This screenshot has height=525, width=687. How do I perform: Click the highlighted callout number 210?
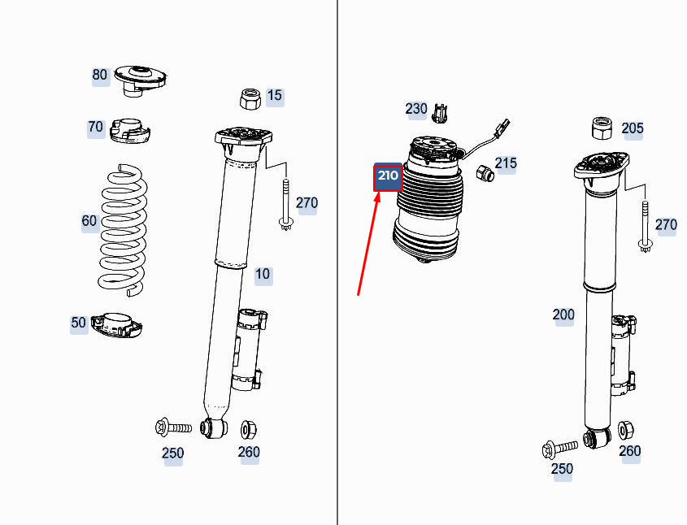[x=387, y=176]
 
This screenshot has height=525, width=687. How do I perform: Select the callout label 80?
[x=99, y=76]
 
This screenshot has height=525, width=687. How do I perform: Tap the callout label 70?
[x=96, y=128]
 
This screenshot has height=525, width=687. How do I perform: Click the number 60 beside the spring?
[x=89, y=221]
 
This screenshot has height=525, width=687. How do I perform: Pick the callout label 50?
[x=79, y=323]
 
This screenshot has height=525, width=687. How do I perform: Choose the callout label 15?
[x=275, y=96]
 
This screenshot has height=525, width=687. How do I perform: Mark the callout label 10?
[x=263, y=275]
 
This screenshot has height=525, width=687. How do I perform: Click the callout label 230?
[x=416, y=109]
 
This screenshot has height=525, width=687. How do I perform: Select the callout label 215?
[x=506, y=164]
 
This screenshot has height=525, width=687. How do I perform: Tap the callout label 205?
[x=633, y=128]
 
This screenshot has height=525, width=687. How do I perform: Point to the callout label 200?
[x=563, y=315]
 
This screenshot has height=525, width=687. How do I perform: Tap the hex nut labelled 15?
[x=250, y=99]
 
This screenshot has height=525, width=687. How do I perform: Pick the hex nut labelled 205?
[x=601, y=128]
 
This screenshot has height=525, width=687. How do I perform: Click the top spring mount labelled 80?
[x=139, y=78]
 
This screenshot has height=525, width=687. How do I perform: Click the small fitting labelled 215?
[x=484, y=173]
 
